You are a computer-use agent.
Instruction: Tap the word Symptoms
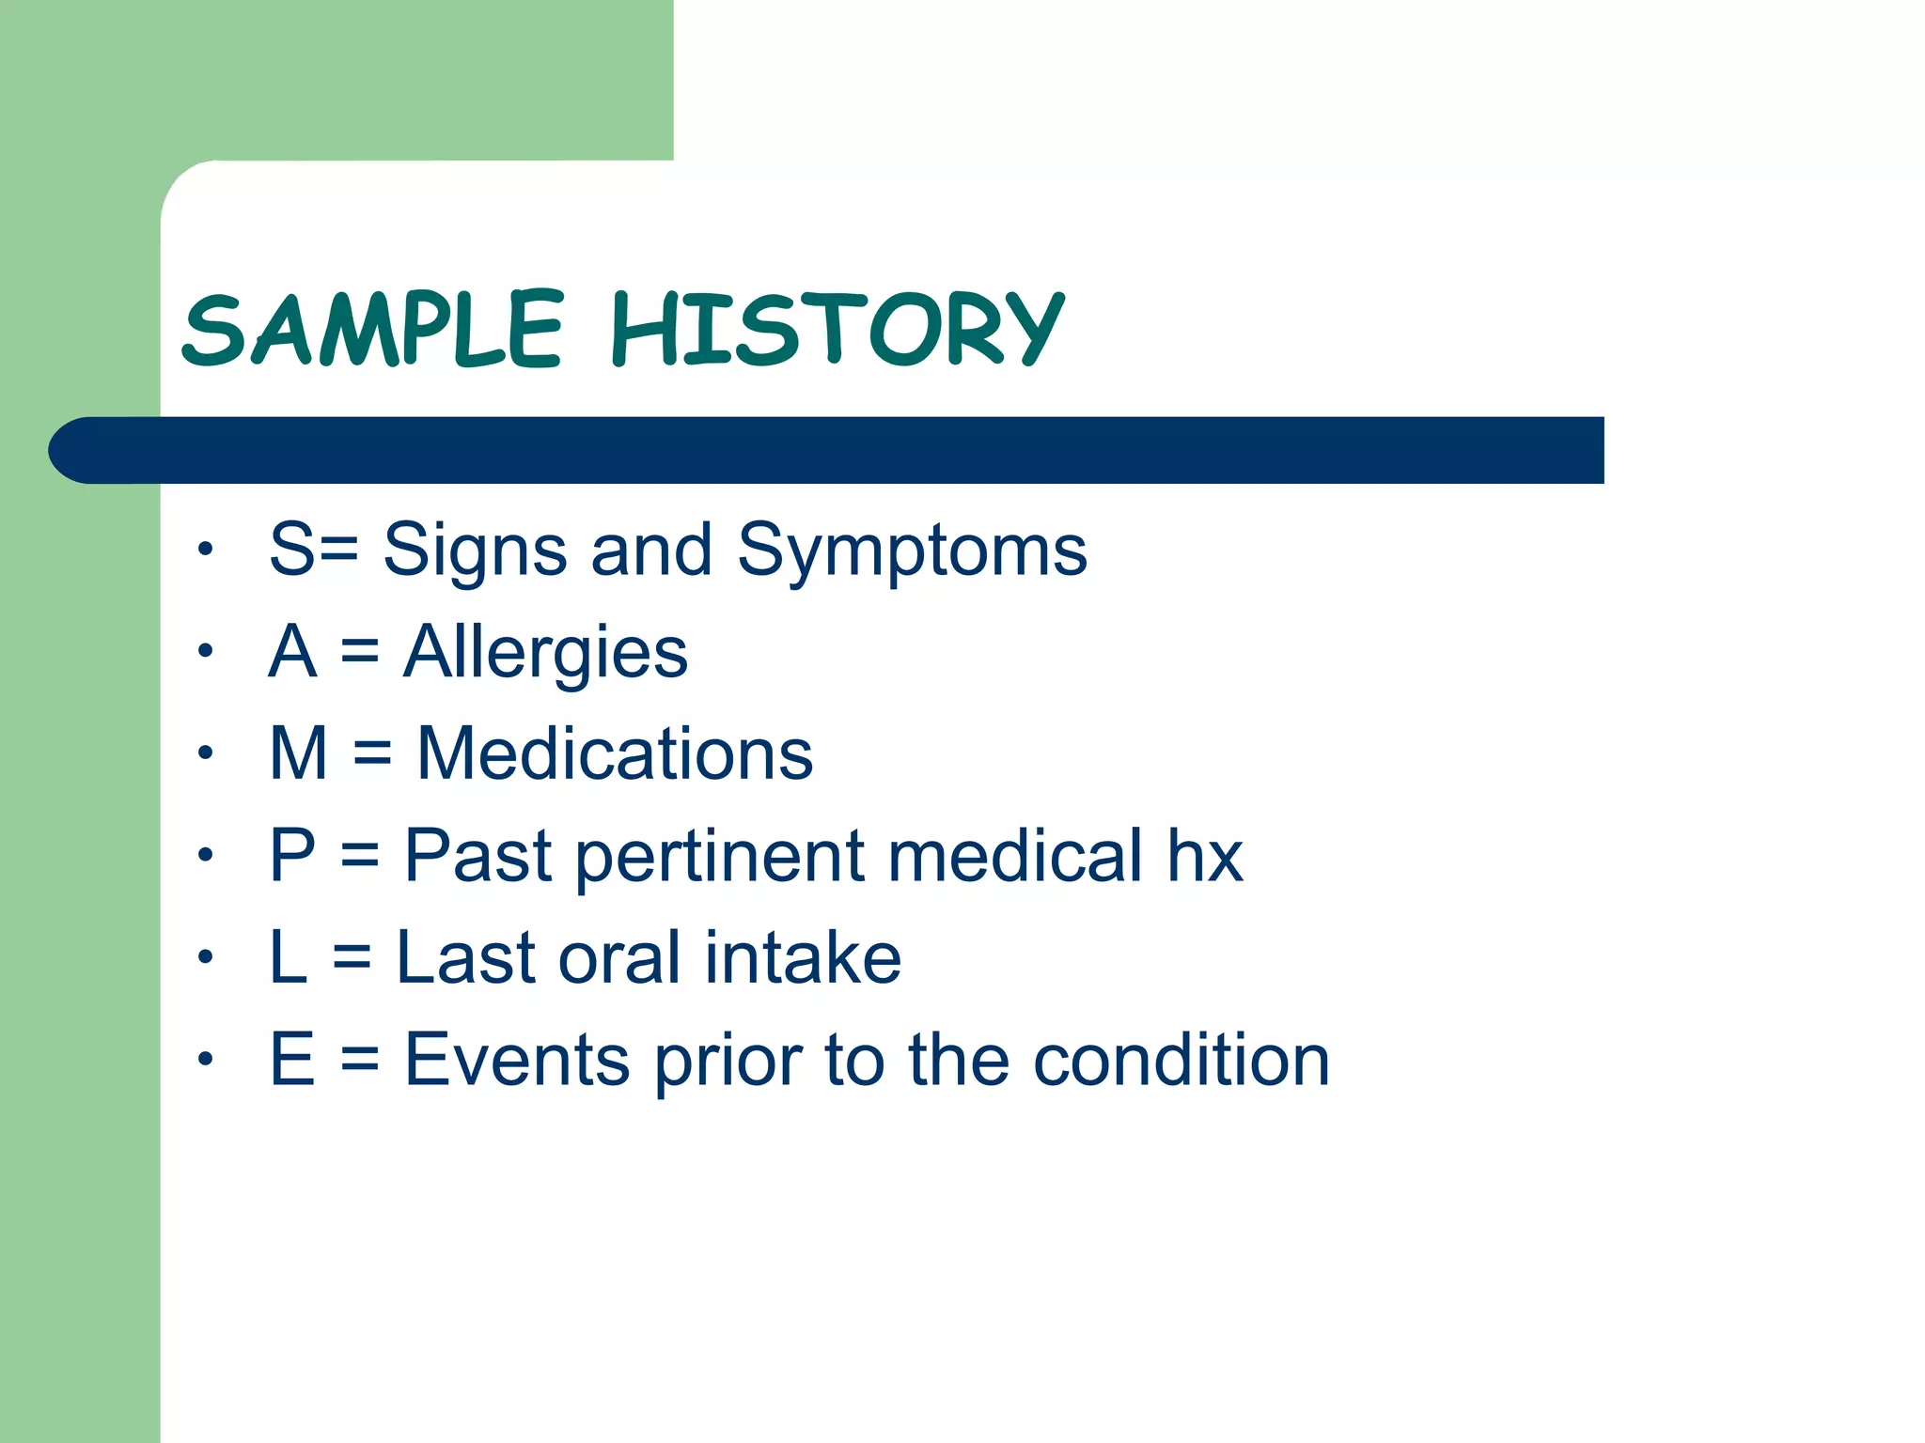pos(912,551)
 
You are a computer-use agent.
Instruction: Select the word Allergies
pos(545,653)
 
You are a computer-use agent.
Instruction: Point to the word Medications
pos(615,754)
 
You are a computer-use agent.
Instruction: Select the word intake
pos(803,958)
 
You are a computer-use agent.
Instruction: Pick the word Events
pos(517,1061)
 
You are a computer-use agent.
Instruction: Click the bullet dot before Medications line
pos(206,753)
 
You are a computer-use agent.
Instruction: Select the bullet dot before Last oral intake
pos(206,957)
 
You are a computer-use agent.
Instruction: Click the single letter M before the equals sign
pos(298,754)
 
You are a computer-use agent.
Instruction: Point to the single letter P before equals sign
pos(291,856)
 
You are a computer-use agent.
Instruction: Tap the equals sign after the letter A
pos(360,653)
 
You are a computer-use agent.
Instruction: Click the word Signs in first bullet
pos(475,551)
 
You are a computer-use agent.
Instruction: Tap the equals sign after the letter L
pos(352,959)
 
